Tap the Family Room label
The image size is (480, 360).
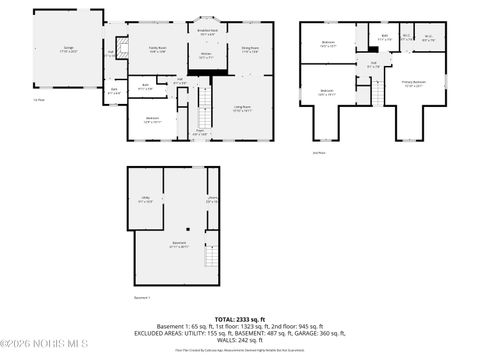click(157, 49)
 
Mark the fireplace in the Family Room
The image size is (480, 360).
click(122, 47)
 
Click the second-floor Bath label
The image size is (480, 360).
click(385, 37)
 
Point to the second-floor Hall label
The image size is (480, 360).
click(373, 67)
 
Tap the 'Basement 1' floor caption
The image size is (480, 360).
click(142, 297)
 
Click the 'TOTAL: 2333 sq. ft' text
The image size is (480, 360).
click(239, 319)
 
